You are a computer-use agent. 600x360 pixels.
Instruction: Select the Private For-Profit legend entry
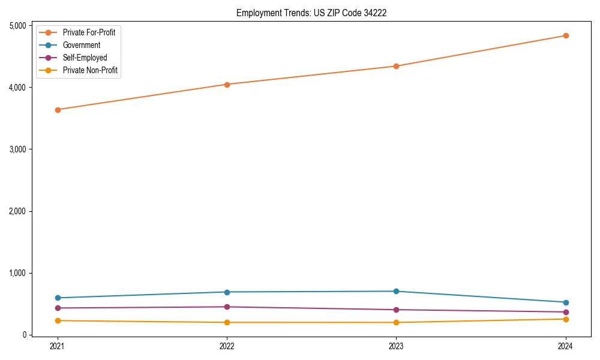coord(89,32)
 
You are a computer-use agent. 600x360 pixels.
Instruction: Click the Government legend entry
coord(81,45)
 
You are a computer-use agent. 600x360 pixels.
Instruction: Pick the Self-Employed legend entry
coord(85,58)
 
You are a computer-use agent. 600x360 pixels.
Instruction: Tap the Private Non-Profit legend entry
coord(90,70)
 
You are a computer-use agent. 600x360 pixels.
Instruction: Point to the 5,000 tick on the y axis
coord(17,26)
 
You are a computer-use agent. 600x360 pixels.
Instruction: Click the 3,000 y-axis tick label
coord(17,149)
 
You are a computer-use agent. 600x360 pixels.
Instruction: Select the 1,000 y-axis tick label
coord(17,273)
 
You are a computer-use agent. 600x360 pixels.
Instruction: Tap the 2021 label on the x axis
coord(58,346)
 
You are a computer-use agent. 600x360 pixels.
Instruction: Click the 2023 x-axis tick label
coord(396,346)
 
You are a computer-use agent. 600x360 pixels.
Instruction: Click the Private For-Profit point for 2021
coord(58,110)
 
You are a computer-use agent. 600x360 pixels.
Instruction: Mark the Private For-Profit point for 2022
coord(227,85)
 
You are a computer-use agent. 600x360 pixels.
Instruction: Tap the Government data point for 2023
coord(396,292)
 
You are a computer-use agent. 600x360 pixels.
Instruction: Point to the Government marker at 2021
coord(58,298)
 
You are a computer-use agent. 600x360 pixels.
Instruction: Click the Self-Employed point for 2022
coord(227,307)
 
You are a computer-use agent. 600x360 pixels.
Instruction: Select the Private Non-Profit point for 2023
coord(396,322)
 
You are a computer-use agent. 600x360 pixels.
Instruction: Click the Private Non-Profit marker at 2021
coord(58,320)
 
